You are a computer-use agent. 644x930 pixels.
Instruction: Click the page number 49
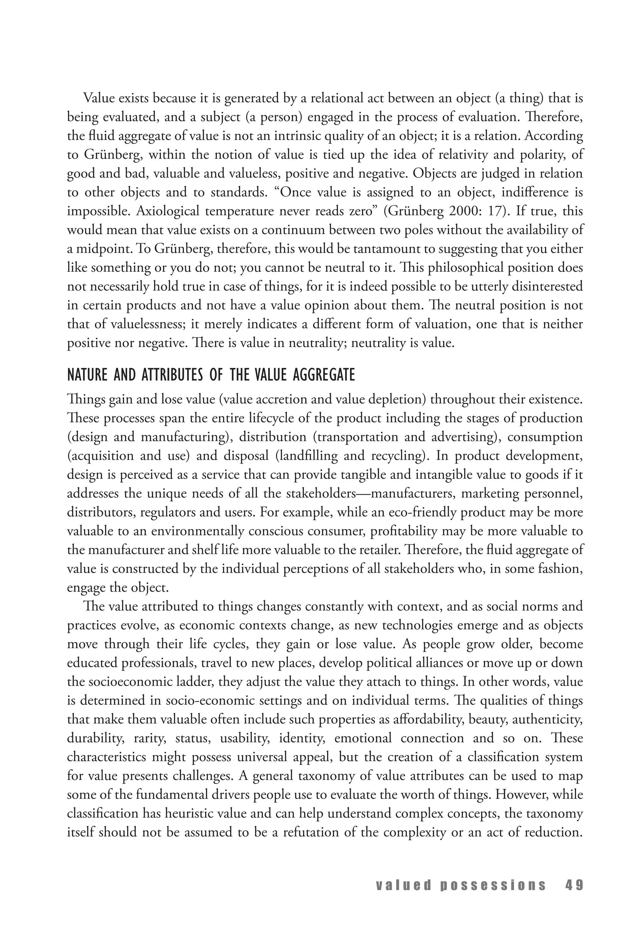574,885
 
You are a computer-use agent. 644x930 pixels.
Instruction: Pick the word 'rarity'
150,739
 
